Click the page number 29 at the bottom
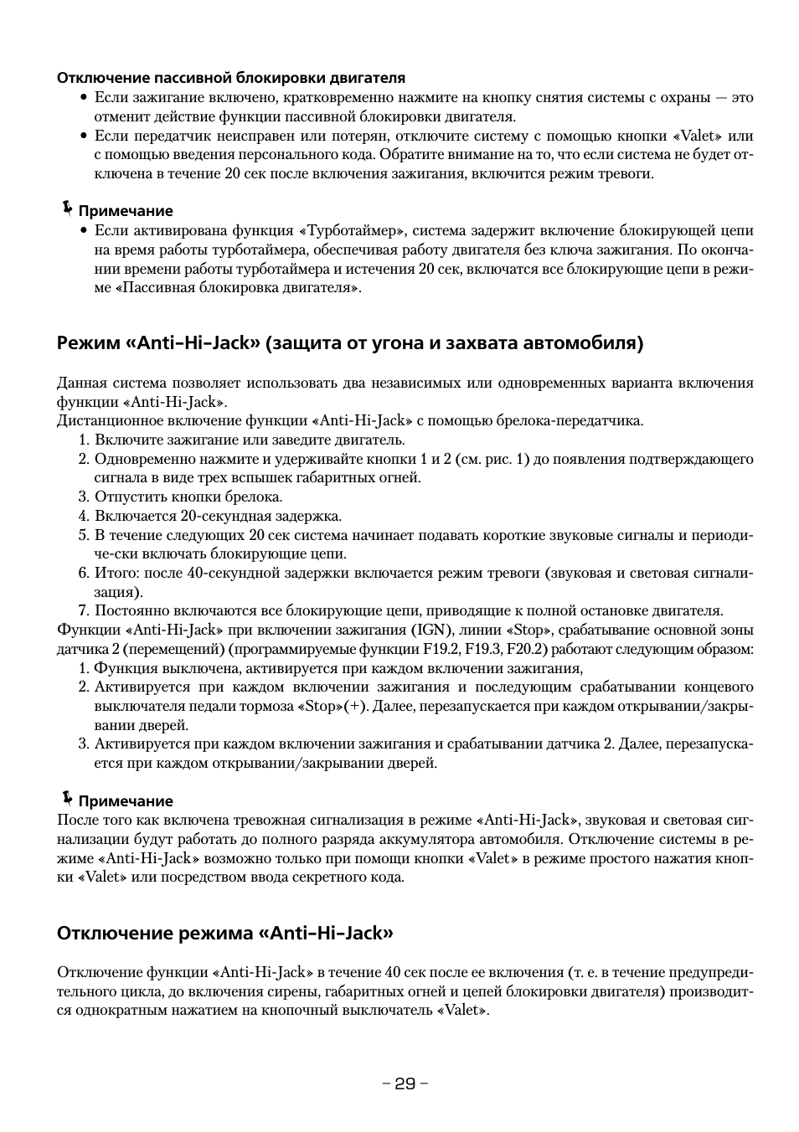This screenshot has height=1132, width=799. (x=405, y=1083)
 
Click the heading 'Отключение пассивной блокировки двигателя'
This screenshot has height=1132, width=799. (x=230, y=78)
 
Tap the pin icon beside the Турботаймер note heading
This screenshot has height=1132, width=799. (x=66, y=208)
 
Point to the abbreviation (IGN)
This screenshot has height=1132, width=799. (x=432, y=630)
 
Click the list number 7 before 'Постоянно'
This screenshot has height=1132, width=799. (x=82, y=610)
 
